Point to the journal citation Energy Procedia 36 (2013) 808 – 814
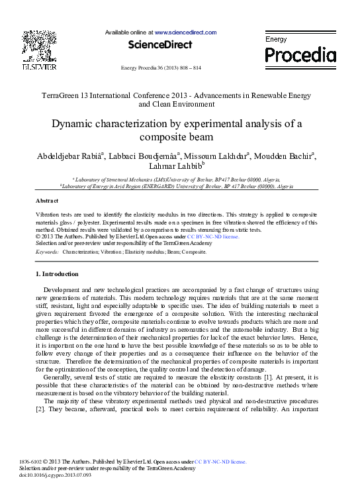(x=161, y=68)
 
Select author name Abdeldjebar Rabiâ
(x=68, y=156)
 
